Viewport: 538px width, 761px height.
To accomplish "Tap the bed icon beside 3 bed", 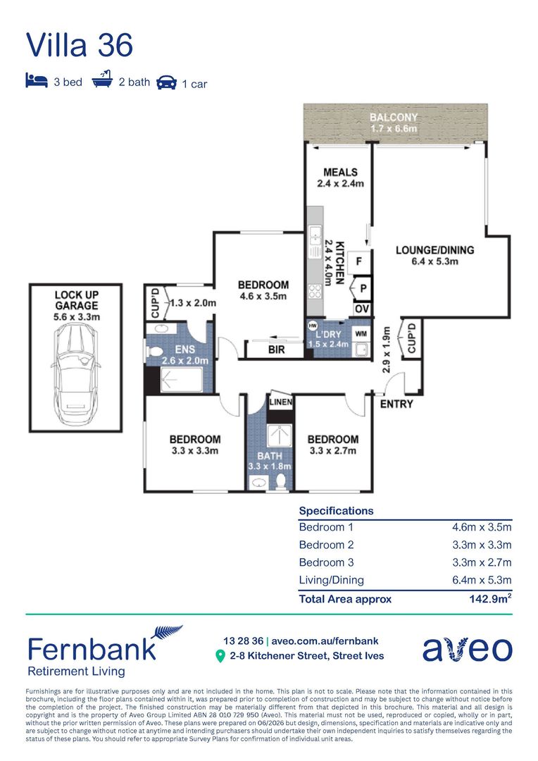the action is pos(37,80).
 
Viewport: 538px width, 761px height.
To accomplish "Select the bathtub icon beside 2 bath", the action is pos(102,79).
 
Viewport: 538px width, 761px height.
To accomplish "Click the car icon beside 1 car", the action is pos(166,82).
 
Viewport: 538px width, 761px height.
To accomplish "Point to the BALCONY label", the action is pos(394,117).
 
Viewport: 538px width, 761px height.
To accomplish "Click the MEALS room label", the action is pos(340,173).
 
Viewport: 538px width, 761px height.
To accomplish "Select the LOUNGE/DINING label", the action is pos(434,250).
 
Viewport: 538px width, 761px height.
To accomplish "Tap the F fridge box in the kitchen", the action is pos(359,261).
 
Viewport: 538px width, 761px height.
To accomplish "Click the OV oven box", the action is pos(362,309).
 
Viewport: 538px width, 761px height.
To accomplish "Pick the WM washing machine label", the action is pos(361,333).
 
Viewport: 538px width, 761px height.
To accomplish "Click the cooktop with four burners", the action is pos(314,291).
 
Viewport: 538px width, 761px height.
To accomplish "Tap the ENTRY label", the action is pos(396,404).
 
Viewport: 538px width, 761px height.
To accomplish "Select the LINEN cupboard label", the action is pos(280,402).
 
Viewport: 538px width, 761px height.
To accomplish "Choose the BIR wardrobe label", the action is pos(276,349).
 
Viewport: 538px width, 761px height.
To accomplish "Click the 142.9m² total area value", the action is pos(490,598).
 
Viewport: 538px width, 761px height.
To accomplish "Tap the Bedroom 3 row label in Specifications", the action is pos(326,562).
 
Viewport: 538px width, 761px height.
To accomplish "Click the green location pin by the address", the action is pos(220,656).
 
